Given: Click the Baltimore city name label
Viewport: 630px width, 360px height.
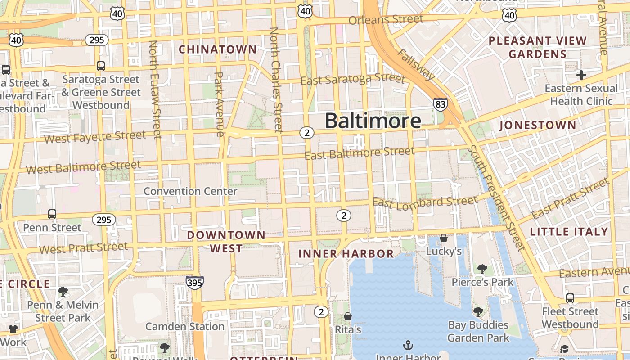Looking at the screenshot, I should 373,121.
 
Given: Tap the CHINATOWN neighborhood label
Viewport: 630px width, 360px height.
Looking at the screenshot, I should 218,49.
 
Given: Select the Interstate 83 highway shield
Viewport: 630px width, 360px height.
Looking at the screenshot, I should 441,105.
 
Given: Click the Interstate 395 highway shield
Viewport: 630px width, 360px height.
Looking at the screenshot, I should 194,282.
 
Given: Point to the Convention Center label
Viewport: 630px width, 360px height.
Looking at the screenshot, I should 190,191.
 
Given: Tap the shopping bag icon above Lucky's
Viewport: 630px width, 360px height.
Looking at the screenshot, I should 444,238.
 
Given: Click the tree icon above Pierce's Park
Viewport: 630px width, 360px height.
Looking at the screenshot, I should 482,269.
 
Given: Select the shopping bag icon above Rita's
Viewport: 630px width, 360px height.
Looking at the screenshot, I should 348,317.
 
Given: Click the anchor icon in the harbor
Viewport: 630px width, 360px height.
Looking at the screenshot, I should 408,345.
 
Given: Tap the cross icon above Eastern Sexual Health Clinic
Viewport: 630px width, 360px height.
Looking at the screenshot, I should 581,75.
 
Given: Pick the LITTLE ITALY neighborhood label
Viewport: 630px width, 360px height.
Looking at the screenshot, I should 569,232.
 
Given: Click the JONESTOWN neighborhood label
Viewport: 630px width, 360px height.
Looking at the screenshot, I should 537,125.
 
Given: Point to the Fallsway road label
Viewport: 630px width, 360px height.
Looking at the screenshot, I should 416,64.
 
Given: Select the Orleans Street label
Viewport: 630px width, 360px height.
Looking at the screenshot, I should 386,20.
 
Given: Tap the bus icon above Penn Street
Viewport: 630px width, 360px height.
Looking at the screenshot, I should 52,214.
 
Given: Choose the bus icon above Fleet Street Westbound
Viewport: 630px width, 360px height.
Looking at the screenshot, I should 570,298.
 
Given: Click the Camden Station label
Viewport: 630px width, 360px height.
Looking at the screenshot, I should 184,326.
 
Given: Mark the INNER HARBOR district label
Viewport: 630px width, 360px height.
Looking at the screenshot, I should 346,254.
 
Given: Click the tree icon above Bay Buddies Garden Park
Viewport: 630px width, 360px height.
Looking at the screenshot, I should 478,311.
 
